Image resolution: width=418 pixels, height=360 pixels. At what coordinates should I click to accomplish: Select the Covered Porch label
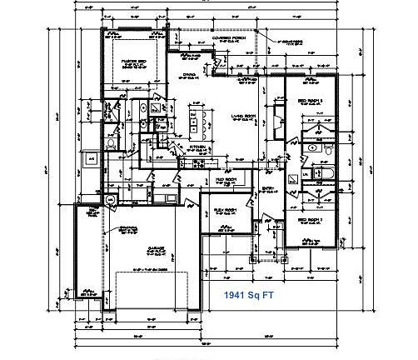click(226, 39)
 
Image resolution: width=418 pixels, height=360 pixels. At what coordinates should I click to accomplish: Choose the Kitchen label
click(197, 147)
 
